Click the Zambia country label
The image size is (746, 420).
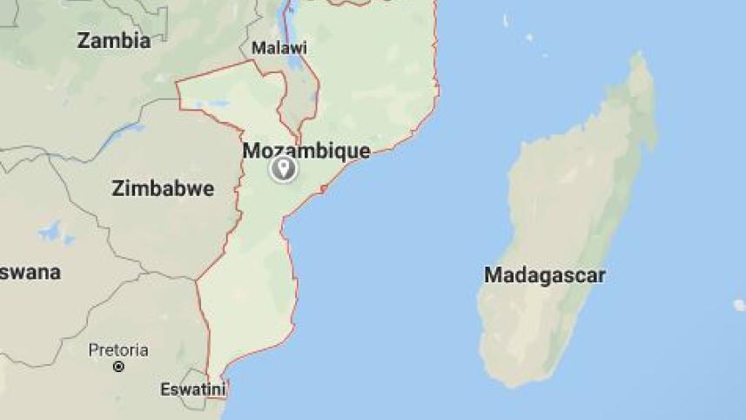click(113, 40)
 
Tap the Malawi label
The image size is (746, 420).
click(279, 48)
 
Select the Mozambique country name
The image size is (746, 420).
click(306, 151)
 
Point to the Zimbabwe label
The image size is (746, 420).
click(163, 188)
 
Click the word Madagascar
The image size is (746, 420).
click(544, 275)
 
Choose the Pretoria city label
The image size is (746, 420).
click(118, 350)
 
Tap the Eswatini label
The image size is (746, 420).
click(192, 390)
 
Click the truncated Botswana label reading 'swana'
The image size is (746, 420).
click(30, 273)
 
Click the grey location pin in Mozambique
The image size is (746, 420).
click(283, 168)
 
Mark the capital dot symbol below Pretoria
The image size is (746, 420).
click(118, 367)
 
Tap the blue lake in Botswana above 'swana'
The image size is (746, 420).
click(52, 233)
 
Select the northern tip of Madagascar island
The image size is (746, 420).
click(640, 58)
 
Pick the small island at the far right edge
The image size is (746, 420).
click(739, 305)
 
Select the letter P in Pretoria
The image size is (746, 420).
click(93, 350)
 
